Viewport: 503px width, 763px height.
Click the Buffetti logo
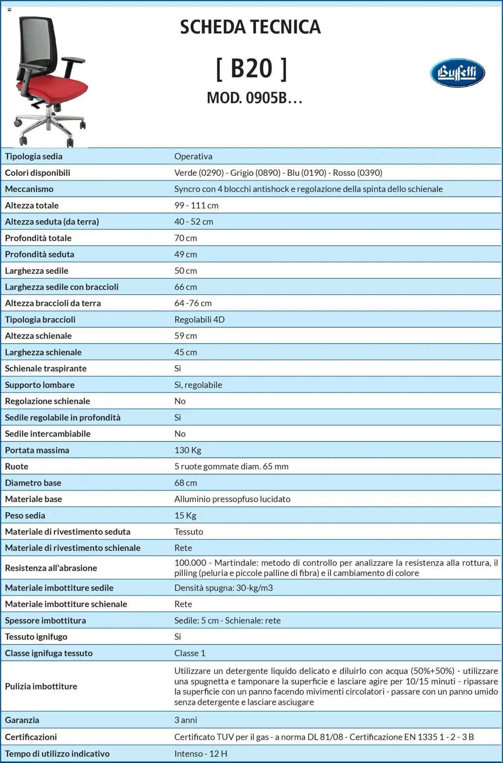coord(457,73)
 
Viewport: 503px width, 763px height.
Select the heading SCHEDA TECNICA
coord(250,27)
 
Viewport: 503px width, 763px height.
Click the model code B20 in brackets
coord(251,69)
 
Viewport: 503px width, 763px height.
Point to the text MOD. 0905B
coord(254,98)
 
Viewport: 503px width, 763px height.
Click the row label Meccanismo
coord(29,189)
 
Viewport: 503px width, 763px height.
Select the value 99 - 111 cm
coord(196,205)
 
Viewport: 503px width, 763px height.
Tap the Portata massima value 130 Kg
coord(187,450)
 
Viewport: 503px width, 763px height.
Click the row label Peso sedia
coord(25,515)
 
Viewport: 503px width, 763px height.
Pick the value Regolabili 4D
coord(199,320)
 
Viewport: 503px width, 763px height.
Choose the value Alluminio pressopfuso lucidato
coord(232,499)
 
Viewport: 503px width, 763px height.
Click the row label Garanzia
coord(22,720)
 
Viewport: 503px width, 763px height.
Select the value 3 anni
coord(185,720)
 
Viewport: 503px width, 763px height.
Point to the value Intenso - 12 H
coord(200,754)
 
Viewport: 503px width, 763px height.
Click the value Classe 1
coord(189,653)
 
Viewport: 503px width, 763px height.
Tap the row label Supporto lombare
coord(40,385)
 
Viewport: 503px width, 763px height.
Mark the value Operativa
coord(193,156)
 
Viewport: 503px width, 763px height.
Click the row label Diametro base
coord(33,483)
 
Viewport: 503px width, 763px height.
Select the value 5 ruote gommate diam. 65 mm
coord(231,467)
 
